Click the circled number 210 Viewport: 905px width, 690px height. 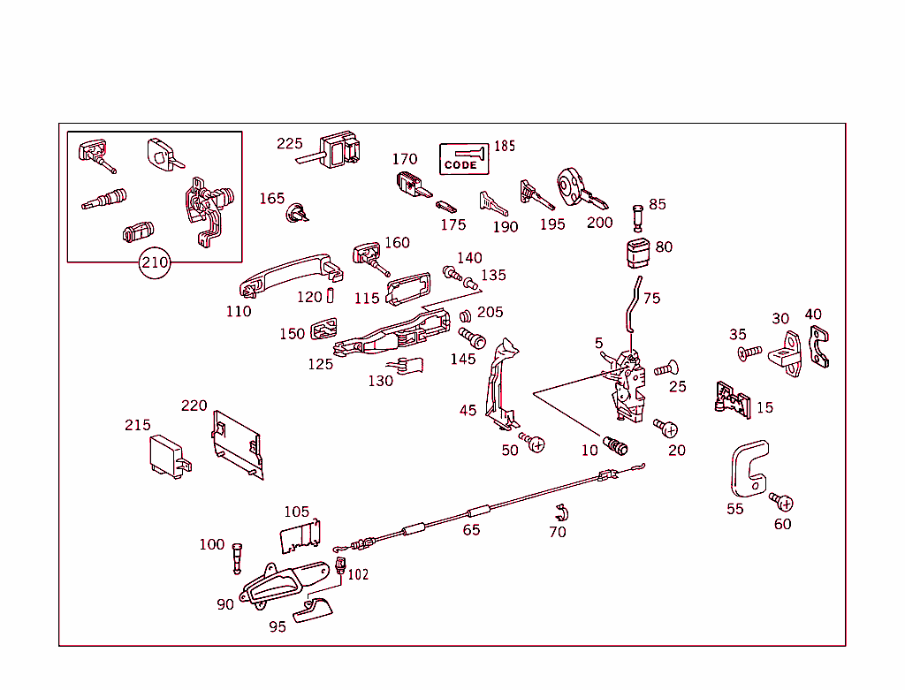(155, 262)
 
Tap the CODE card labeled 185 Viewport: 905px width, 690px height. (464, 159)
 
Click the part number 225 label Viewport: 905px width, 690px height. (289, 143)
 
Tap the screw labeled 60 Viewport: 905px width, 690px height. (782, 503)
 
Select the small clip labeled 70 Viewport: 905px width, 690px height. (559, 512)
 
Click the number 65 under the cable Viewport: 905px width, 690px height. (471, 530)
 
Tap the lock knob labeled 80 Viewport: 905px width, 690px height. (637, 252)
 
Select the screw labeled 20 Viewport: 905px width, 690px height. (666, 428)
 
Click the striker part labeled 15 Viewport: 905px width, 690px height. (732, 398)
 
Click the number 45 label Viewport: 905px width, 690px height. (468, 410)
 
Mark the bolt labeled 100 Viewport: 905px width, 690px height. (237, 557)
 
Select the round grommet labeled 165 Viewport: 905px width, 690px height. (297, 212)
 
